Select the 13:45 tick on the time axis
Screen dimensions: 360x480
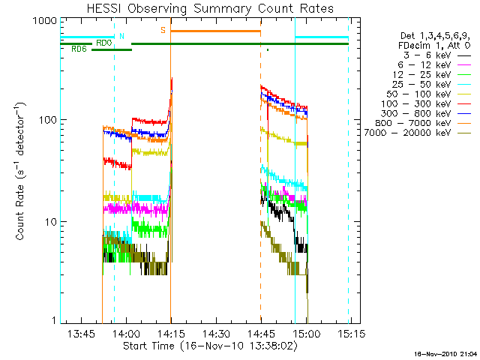tap(80, 332)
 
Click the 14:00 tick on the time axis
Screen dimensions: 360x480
tap(125, 332)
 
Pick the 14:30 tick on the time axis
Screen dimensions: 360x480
tap(215, 332)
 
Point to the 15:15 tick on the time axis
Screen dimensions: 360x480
tap(351, 332)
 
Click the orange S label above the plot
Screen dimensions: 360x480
tap(163, 30)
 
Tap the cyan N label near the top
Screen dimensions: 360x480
tap(121, 34)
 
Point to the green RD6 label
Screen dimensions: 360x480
tap(78, 49)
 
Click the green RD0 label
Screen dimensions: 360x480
tap(103, 43)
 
